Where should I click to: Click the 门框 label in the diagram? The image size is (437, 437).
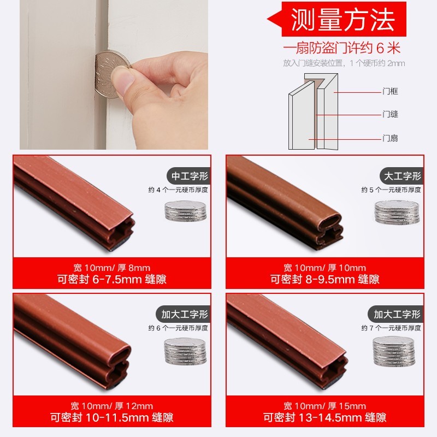390,92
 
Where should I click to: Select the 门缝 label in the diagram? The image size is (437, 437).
390,115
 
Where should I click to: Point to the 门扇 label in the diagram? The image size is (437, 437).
390,138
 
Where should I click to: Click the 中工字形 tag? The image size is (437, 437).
190,176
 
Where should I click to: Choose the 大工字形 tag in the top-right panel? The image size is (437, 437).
401,176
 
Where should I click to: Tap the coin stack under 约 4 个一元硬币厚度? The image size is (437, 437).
186,210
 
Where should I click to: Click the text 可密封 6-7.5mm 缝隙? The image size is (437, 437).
112,280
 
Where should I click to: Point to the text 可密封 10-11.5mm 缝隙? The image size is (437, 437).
112,418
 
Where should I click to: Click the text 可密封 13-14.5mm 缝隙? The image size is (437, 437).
324,418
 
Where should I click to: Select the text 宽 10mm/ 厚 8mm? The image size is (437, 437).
111,268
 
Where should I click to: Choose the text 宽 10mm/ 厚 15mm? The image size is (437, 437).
324,406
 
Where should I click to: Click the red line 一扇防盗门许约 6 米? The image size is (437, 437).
344,48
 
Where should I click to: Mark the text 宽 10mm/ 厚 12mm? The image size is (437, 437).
111,406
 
